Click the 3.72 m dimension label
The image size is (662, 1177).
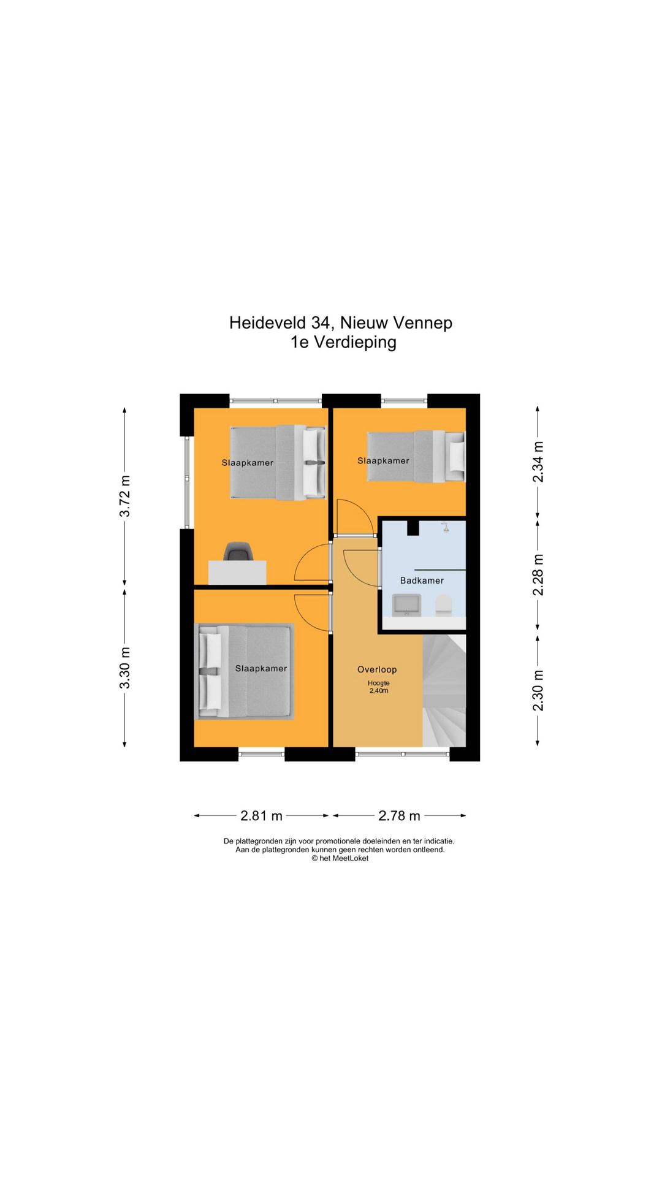point(124,496)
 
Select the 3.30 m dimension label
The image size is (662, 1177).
point(124,668)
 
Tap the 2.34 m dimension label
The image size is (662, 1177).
point(538,462)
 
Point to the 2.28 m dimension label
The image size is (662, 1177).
point(538,575)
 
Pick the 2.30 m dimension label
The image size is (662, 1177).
point(538,690)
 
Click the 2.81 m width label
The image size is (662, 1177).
point(262,816)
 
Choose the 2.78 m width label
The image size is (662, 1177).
point(400,816)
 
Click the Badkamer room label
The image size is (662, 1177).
point(422,581)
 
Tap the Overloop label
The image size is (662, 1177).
point(377,669)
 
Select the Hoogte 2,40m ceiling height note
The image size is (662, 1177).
point(379,687)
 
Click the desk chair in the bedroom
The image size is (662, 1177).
point(237,551)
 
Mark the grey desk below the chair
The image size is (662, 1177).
point(237,573)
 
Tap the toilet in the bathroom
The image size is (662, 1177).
point(443,606)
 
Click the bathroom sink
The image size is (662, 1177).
point(406,604)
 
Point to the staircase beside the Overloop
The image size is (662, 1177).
point(444,691)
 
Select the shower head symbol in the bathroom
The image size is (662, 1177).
point(446,527)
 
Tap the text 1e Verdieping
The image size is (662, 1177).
point(343,342)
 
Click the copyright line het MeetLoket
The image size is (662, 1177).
point(340,858)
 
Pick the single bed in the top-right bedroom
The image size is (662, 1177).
point(416,456)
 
